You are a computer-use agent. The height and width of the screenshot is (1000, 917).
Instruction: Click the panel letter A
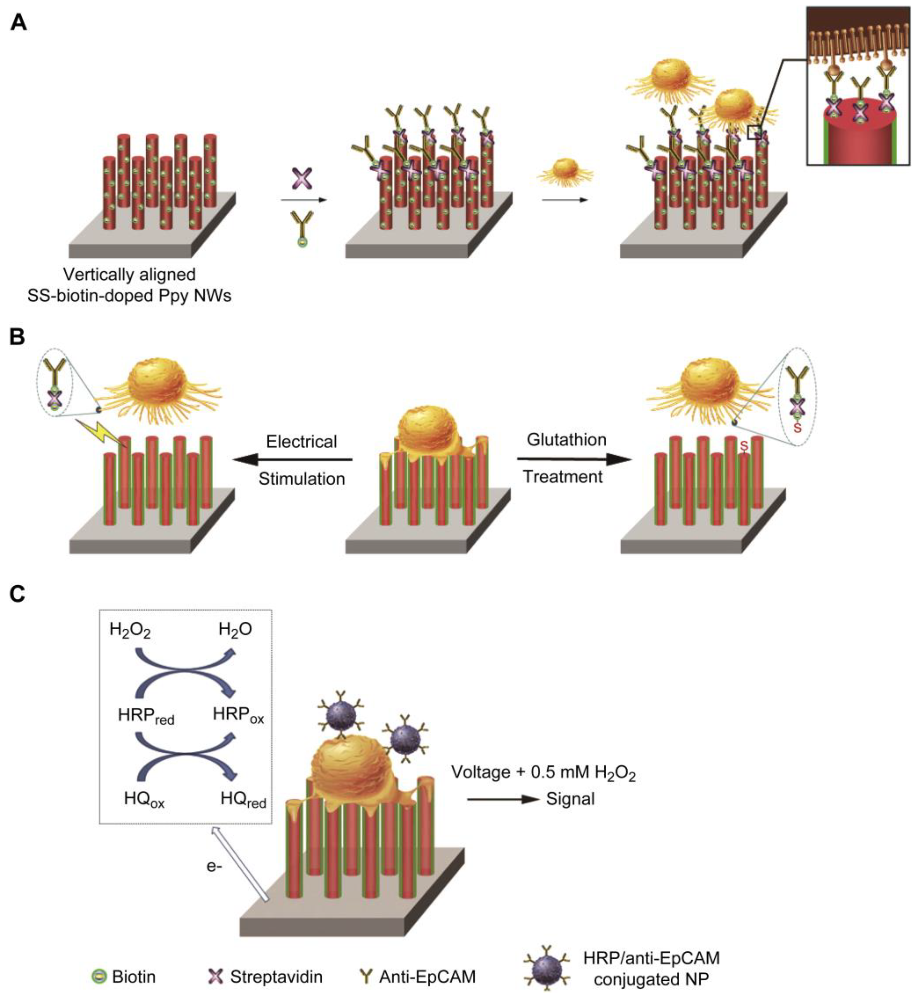point(18,23)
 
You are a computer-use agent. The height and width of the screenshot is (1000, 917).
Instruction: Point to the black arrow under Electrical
point(293,460)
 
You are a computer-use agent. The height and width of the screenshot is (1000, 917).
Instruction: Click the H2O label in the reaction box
point(235,630)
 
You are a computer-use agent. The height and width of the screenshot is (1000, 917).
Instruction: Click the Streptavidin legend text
point(276,977)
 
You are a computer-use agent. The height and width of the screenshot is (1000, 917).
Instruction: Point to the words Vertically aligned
point(129,274)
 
